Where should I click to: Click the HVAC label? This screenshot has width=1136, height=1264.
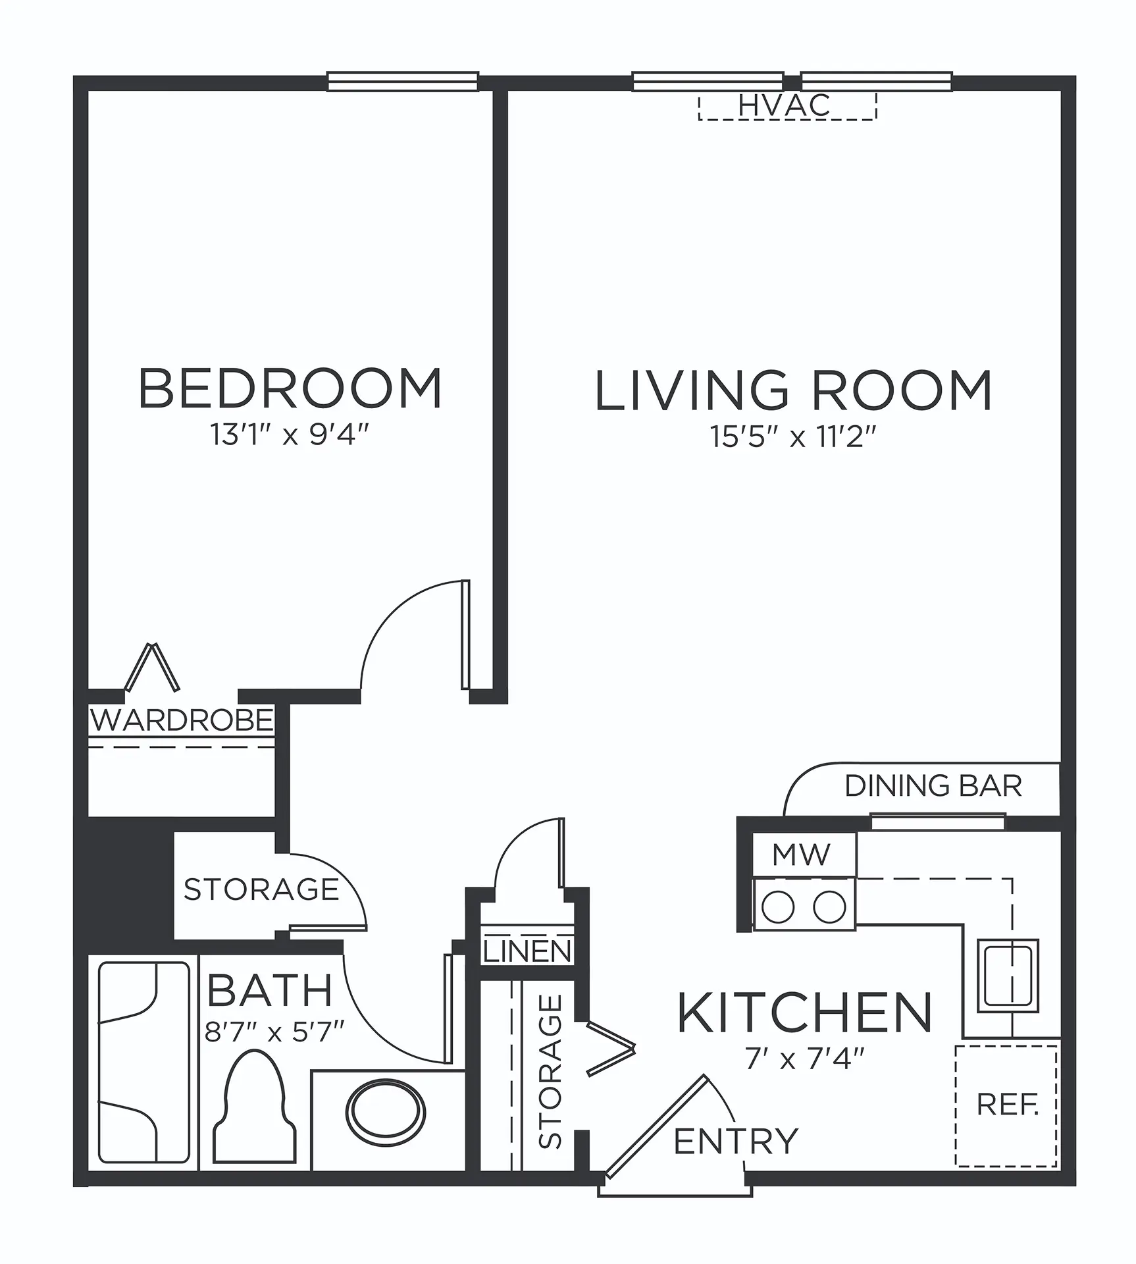coord(784,105)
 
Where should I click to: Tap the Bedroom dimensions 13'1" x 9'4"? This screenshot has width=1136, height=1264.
coord(289,434)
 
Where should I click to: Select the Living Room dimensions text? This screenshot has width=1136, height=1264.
coord(793,436)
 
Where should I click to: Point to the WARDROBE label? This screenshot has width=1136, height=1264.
coord(182,720)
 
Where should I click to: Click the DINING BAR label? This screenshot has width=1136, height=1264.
coord(933,785)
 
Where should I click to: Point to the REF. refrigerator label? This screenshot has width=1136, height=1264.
coord(1008,1105)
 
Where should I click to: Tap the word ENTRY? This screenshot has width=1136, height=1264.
coord(736,1142)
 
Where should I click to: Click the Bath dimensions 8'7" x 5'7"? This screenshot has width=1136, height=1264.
coord(274,1032)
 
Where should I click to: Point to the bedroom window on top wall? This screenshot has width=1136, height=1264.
coord(403,82)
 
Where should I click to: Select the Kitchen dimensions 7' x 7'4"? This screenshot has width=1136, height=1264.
coord(804,1059)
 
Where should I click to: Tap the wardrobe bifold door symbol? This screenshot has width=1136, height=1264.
coord(153,667)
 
